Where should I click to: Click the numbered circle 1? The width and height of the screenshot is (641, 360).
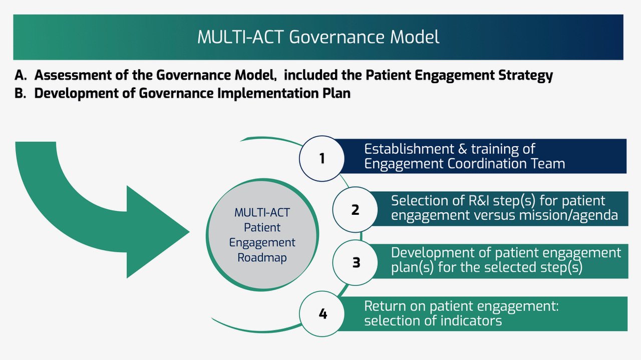pyautogui.click(x=322, y=159)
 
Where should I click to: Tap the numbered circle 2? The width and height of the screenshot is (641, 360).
pyautogui.click(x=355, y=210)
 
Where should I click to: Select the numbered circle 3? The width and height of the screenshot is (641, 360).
pyautogui.click(x=356, y=262)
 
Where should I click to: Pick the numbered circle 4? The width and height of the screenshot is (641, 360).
pyautogui.click(x=322, y=314)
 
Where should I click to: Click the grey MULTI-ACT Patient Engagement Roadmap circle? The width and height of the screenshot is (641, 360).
pyautogui.click(x=262, y=235)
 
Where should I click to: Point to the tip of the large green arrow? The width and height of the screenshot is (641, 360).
pyautogui.click(x=189, y=232)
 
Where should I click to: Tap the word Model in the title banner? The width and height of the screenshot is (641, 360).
pyautogui.click(x=415, y=37)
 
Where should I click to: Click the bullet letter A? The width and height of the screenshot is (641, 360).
pyautogui.click(x=21, y=75)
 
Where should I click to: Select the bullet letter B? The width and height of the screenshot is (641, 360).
pyautogui.click(x=20, y=94)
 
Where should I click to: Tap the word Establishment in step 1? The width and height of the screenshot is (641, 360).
pyautogui.click(x=409, y=149)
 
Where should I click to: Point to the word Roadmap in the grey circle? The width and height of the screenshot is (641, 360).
pyautogui.click(x=262, y=257)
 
